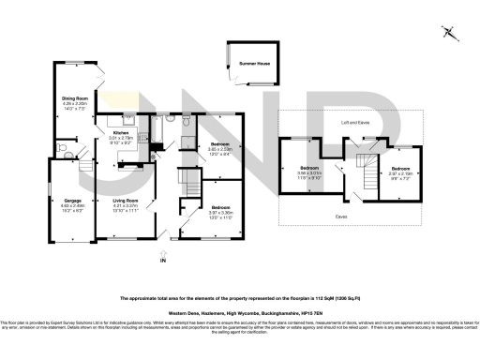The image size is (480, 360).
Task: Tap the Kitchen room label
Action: pos(121,133)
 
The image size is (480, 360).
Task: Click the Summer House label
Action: pos(252,62)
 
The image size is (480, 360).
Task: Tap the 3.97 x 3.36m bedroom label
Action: pos(220,206)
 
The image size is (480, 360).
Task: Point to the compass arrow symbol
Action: pos(450,33)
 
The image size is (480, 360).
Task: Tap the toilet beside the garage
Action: pos(67,147)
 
